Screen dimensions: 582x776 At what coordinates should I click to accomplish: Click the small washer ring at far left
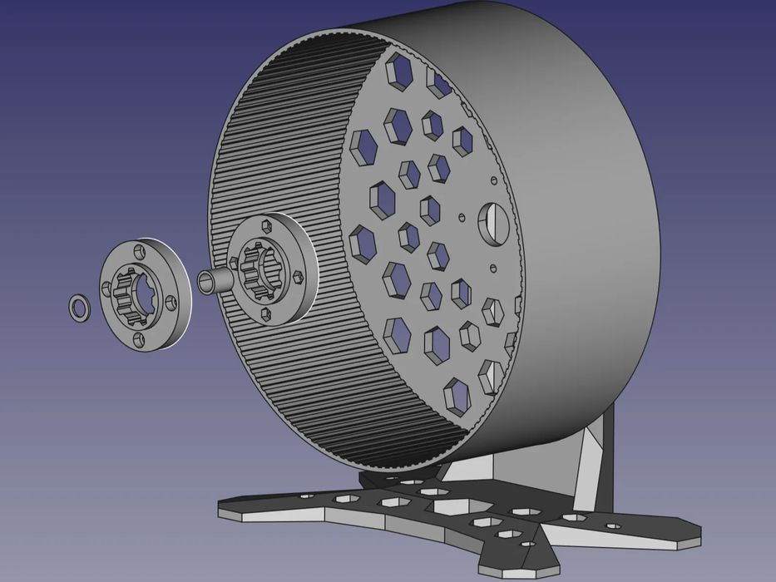(x=78, y=307)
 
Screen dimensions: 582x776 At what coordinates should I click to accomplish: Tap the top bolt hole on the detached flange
(x=138, y=249)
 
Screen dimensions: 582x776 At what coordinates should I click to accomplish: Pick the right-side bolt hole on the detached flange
(x=171, y=302)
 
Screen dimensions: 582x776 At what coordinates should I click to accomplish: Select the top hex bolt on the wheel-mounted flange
(x=266, y=225)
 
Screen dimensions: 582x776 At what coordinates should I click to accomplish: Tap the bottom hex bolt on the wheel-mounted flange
(x=266, y=313)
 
